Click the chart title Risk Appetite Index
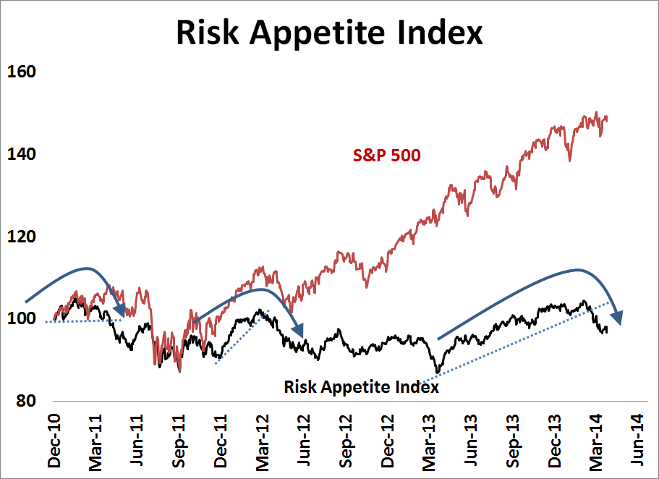(330, 33)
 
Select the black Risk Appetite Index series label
(362, 387)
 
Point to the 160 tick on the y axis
(22, 72)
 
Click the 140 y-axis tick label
(22, 155)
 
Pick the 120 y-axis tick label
(22, 237)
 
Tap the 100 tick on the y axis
(22, 319)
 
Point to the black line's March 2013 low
(437, 372)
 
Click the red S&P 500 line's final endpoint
(606, 118)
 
